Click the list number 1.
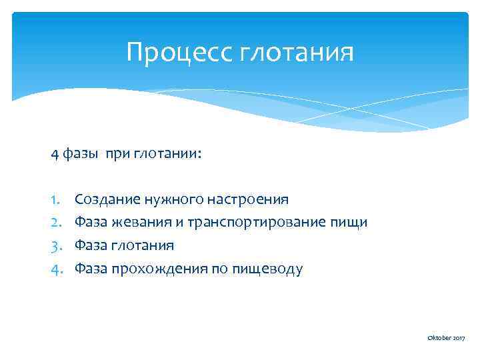click(x=55, y=199)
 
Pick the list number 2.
click(x=55, y=221)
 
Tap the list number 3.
click(x=55, y=245)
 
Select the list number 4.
click(x=55, y=268)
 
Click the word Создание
click(x=107, y=199)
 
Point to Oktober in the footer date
click(x=439, y=339)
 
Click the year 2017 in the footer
click(x=459, y=339)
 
